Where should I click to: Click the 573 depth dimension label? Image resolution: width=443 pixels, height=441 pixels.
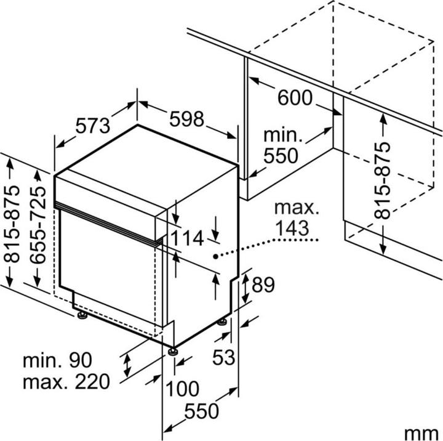tap(92, 126)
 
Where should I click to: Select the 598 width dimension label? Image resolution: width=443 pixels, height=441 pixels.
tap(187, 119)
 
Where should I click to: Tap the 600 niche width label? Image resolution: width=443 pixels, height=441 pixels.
tap(295, 97)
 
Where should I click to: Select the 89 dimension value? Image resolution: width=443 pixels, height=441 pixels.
tap(263, 285)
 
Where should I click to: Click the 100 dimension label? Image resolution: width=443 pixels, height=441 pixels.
tap(182, 389)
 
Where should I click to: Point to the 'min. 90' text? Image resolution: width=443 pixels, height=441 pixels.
tap(57, 358)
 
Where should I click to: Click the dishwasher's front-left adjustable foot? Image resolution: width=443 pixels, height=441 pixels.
tap(82, 317)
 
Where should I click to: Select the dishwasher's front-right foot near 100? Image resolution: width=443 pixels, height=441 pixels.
tap(174, 352)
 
